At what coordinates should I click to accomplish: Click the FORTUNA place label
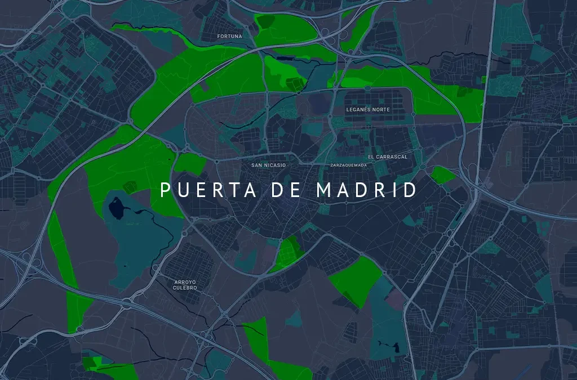coord(229,37)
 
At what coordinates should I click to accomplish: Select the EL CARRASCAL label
coord(387,157)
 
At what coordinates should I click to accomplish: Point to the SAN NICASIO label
coord(269,166)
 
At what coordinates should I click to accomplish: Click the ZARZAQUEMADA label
coord(349,166)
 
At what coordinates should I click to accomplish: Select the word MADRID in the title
coord(367,190)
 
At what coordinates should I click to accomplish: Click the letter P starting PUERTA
coord(165,190)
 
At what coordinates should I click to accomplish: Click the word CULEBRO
coord(185,288)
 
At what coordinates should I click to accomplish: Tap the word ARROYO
coord(185,281)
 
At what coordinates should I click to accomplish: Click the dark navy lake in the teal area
coord(117,209)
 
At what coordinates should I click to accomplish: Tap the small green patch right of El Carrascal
coord(443,174)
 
